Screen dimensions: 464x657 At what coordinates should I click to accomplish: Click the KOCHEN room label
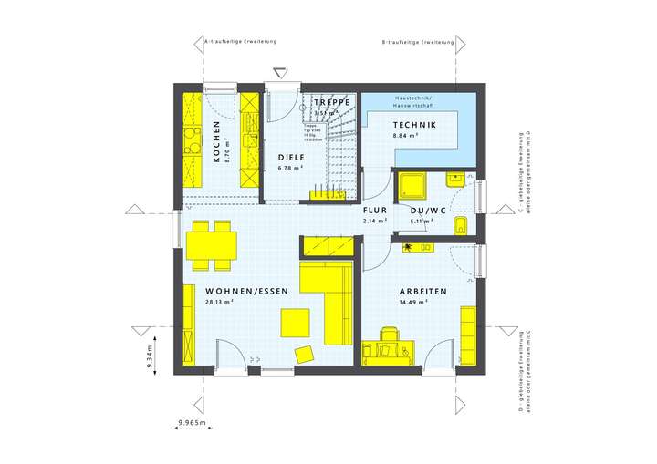pyautogui.click(x=216, y=142)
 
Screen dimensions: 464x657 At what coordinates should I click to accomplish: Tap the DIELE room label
pyautogui.click(x=291, y=158)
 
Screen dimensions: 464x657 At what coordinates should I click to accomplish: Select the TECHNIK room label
pyautogui.click(x=414, y=125)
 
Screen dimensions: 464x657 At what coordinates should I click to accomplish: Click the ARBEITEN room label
pyautogui.click(x=422, y=291)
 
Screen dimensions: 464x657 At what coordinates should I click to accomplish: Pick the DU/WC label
pyautogui.click(x=428, y=210)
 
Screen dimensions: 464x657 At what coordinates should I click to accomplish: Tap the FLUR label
pyautogui.click(x=375, y=210)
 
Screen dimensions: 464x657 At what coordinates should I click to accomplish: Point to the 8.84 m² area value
pyautogui.click(x=405, y=136)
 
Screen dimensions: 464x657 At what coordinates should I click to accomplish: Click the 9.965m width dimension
pyautogui.click(x=193, y=423)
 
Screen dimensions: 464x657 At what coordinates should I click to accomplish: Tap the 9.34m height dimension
pyautogui.click(x=150, y=351)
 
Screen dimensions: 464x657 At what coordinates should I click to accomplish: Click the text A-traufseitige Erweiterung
pyautogui.click(x=239, y=42)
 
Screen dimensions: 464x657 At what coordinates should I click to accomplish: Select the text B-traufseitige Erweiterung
pyautogui.click(x=418, y=42)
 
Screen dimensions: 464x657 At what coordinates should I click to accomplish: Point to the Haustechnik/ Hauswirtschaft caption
pyautogui.click(x=419, y=101)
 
